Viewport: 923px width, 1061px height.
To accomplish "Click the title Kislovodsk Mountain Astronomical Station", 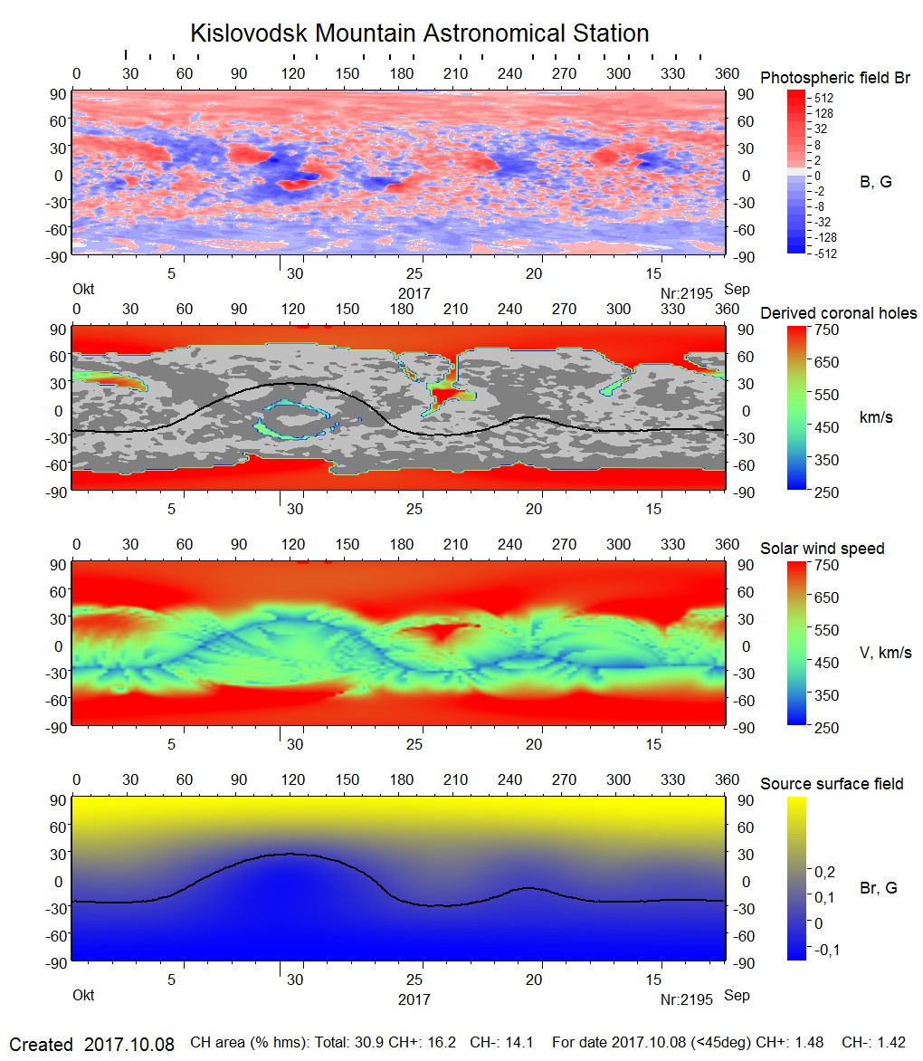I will click(419, 33).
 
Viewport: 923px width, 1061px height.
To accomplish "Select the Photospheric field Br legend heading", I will click(834, 78).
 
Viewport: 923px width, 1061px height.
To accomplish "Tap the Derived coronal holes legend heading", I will click(838, 313).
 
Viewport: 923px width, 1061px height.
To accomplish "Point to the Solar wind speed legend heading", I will click(822, 549).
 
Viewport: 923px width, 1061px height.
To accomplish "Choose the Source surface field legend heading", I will click(832, 784).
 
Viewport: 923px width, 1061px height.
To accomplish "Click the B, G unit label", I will click(875, 182).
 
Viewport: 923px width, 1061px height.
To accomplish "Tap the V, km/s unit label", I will click(885, 653).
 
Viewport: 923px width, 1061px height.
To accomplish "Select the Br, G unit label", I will click(878, 888).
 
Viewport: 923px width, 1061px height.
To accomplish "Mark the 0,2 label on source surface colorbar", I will click(824, 871).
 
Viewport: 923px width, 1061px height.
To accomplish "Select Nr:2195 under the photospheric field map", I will click(687, 293).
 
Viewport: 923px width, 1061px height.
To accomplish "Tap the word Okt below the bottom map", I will click(83, 997).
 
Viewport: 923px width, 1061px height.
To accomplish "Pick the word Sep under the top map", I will click(737, 291).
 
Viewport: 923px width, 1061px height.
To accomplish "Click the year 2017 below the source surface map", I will click(414, 999).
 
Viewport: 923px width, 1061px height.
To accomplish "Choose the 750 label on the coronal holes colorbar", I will click(827, 330).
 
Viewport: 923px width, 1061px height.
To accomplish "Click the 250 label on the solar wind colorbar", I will click(827, 728).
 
